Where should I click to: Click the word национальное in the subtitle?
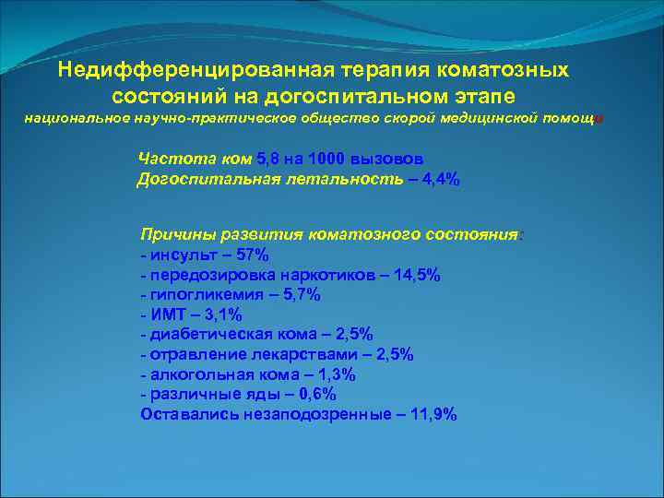tap(72, 120)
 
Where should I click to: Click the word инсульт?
tap(184, 255)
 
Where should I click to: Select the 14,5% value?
tap(415, 275)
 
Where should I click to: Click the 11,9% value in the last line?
tap(432, 414)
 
